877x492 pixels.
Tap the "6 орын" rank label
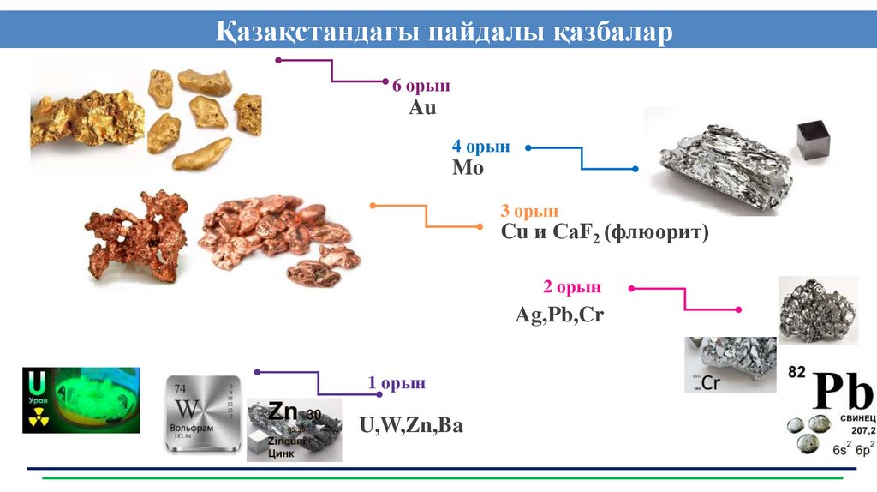point(421,87)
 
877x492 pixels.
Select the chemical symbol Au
point(422,108)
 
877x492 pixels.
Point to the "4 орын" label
point(481,147)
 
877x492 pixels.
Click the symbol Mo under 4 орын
point(468,168)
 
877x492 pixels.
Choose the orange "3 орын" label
point(529,211)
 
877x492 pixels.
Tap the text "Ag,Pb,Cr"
point(559,315)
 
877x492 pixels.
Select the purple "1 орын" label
point(397,383)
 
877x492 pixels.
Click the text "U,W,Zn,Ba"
point(411,424)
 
